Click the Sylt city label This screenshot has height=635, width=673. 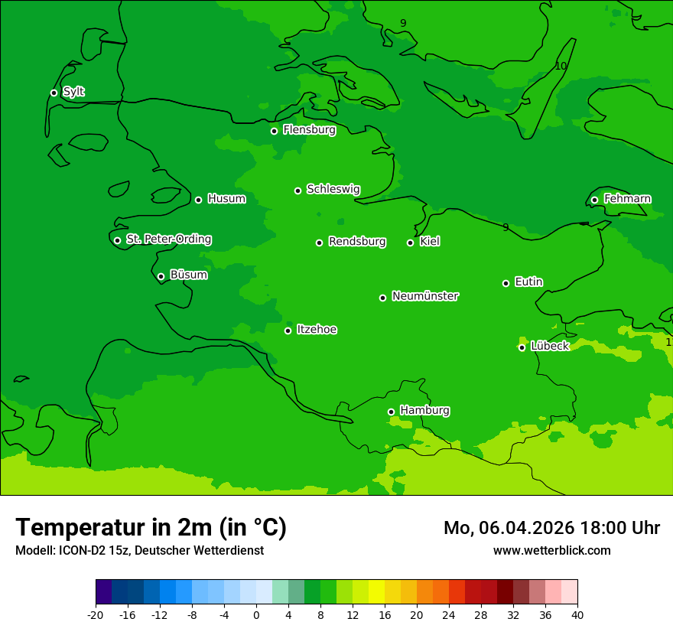[73, 92]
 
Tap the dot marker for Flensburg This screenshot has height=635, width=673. [274, 131]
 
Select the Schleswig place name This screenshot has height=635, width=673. [333, 189]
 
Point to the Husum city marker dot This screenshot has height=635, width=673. [198, 200]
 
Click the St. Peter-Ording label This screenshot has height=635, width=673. [168, 239]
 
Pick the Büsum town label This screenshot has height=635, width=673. [188, 275]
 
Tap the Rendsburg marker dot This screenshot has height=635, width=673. [319, 243]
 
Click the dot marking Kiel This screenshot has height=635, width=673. [410, 243]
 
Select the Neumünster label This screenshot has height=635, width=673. [424, 296]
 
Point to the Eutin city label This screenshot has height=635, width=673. [528, 282]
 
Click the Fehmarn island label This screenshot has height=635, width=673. [627, 199]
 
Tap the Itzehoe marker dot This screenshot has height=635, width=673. [288, 331]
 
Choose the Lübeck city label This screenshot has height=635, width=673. [550, 346]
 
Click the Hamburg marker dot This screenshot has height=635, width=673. [391, 412]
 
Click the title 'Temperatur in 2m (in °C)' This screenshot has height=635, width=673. [151, 527]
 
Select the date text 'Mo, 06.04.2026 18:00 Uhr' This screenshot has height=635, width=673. [551, 528]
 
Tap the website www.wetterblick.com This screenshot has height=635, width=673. [551, 550]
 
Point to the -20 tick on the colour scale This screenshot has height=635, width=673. [96, 614]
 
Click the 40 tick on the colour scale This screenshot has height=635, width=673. [577, 614]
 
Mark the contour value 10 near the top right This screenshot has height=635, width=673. [561, 67]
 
